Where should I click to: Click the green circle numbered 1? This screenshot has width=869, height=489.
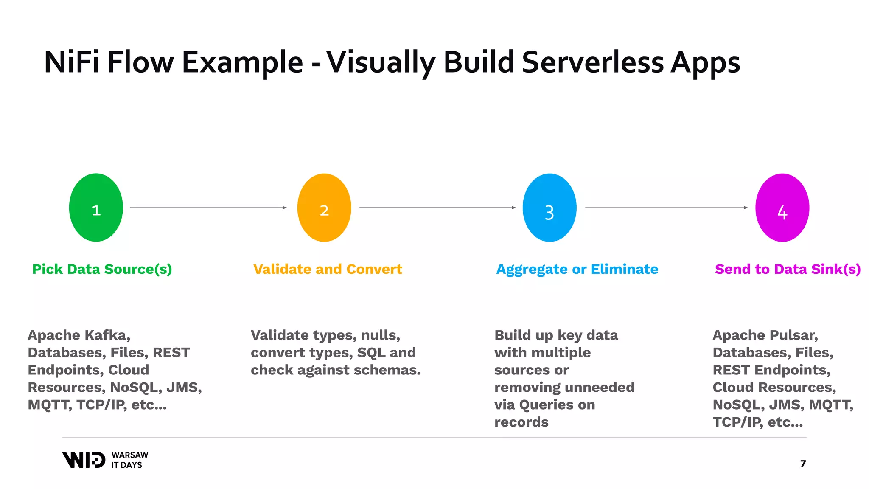96,208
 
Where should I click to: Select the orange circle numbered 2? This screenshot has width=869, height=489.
324,208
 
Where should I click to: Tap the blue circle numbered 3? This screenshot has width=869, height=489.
549,208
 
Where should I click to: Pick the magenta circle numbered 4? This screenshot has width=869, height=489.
782,208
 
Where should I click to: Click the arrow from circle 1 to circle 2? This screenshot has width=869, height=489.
208,208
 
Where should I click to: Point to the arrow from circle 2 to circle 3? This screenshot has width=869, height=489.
437,208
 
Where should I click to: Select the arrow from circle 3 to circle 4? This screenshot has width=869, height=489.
666,208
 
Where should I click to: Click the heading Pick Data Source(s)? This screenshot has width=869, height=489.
102,269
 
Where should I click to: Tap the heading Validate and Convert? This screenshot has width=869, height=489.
328,269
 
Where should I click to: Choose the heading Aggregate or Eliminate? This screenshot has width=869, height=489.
577,269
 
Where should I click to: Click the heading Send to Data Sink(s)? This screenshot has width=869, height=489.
788,269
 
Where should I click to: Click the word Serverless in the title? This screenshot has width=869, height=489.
593,62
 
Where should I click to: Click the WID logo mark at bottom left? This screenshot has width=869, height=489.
84,460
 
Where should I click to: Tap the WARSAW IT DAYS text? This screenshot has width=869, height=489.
130,460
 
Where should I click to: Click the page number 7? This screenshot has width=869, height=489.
803,464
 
